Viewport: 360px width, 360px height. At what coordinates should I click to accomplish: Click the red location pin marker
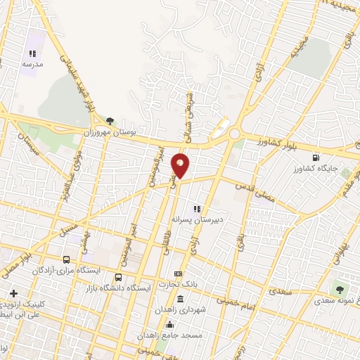coord(181,165)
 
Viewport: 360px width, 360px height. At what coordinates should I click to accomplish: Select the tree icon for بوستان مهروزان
coord(109,121)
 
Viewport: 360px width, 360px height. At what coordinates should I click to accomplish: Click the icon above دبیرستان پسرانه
coord(198,208)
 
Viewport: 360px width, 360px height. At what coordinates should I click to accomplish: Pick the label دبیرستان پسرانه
coord(219,219)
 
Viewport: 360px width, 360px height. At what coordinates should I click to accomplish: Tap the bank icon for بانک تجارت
coord(179,274)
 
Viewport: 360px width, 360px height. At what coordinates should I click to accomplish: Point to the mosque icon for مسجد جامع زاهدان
coord(169,324)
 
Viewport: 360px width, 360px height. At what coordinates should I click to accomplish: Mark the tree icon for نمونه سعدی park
coord(341,290)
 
